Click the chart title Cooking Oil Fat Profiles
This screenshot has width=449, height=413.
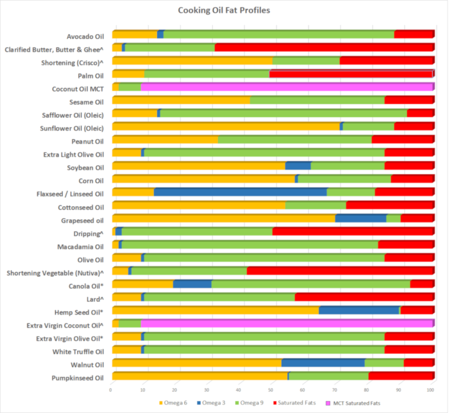coord(224,10)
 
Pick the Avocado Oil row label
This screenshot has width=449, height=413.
coord(85,35)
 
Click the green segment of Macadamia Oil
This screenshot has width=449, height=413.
coord(250,244)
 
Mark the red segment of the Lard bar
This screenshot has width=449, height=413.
coord(364,297)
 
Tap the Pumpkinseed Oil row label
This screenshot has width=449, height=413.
coord(78,378)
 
